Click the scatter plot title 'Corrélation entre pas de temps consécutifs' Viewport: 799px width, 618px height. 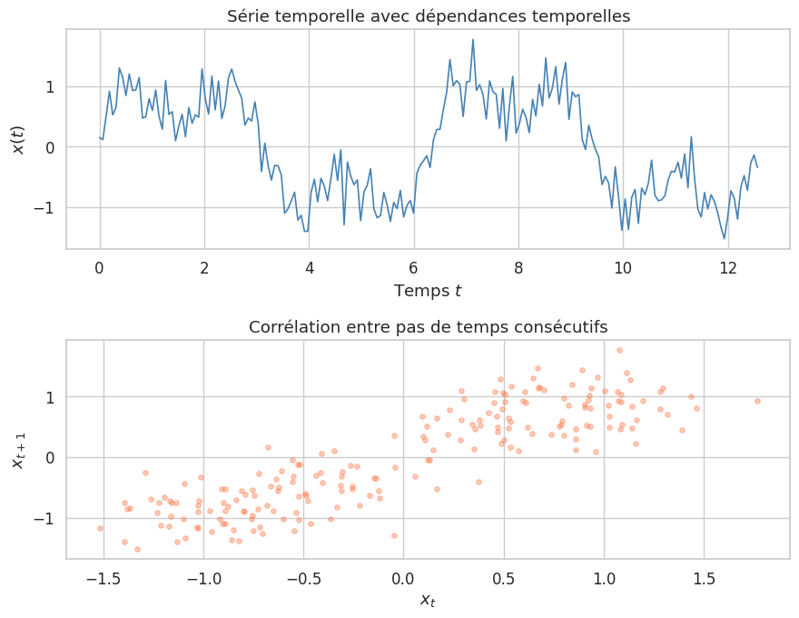point(428,326)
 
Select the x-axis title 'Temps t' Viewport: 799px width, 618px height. point(428,291)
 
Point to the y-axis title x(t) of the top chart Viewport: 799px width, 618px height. point(18,139)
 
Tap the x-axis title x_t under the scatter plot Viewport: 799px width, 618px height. point(428,600)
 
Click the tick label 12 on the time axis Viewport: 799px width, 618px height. point(727,267)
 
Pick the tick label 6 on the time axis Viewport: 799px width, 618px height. point(414,267)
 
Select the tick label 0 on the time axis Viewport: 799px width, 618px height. point(100,267)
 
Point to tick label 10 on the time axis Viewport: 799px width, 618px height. point(623,267)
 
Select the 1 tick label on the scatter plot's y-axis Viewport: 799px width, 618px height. point(48,397)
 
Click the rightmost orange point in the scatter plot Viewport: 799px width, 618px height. point(757,401)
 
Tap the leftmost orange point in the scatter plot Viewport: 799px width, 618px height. point(100,528)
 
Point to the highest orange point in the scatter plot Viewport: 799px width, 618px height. point(619,350)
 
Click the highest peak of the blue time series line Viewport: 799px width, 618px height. point(473,40)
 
